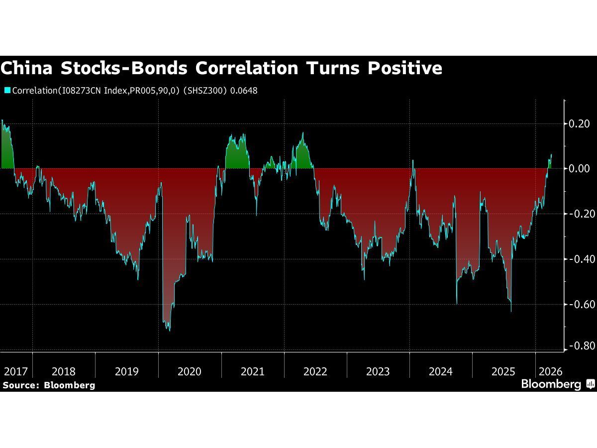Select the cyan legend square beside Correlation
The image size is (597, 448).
(7, 91)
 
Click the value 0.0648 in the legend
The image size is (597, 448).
(244, 91)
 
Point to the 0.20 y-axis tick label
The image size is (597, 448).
(579, 123)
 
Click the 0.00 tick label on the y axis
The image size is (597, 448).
(579, 169)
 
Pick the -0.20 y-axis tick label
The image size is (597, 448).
(578, 214)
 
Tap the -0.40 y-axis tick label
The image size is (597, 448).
(578, 259)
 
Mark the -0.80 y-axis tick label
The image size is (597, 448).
(578, 346)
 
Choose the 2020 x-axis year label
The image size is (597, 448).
(190, 371)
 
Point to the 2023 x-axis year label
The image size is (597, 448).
(378, 371)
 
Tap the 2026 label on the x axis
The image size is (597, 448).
(550, 371)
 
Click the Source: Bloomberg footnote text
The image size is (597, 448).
(48, 385)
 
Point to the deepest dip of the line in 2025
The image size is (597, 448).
(511, 311)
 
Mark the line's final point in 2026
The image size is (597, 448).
(551, 154)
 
